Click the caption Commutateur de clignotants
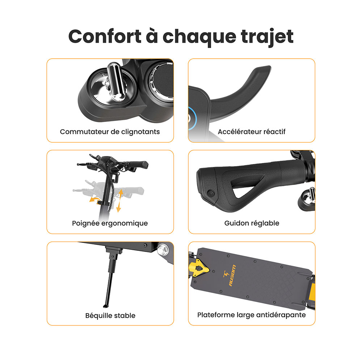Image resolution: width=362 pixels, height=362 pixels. point(110,131)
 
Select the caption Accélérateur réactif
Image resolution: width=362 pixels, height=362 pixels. point(252,131)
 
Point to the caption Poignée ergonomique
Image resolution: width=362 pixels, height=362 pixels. point(110,223)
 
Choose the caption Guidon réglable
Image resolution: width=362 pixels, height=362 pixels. point(252,223)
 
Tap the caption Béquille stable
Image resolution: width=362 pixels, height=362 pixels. point(110,315)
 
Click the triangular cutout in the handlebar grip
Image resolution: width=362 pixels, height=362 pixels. point(250,187)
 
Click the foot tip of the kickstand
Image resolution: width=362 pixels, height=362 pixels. point(105,303)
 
